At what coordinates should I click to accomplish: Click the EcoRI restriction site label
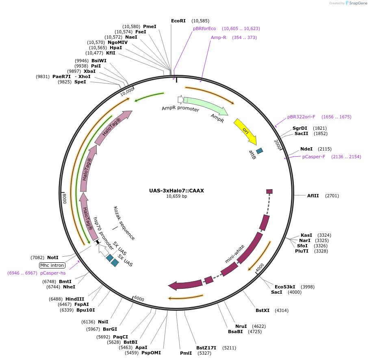point(178,21)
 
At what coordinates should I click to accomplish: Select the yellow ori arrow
point(245,131)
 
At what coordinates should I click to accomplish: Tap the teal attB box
point(259,151)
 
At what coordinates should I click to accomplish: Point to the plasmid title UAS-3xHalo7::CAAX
point(176,190)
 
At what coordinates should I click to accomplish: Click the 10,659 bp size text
point(176,196)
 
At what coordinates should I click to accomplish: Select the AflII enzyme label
point(313,196)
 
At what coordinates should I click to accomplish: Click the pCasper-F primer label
point(314,157)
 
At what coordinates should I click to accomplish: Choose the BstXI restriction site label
point(263,310)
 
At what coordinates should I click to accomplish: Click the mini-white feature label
point(235,254)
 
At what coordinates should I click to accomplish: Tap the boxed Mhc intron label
point(52,265)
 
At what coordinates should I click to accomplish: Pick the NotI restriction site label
point(53,257)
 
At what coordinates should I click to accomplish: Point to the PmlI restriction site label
point(186,353)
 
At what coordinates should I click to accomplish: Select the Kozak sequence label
point(124,223)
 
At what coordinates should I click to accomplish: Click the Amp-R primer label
point(218,37)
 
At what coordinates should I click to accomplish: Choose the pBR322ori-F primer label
point(301,117)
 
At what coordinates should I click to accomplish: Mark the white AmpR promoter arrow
point(180,99)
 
